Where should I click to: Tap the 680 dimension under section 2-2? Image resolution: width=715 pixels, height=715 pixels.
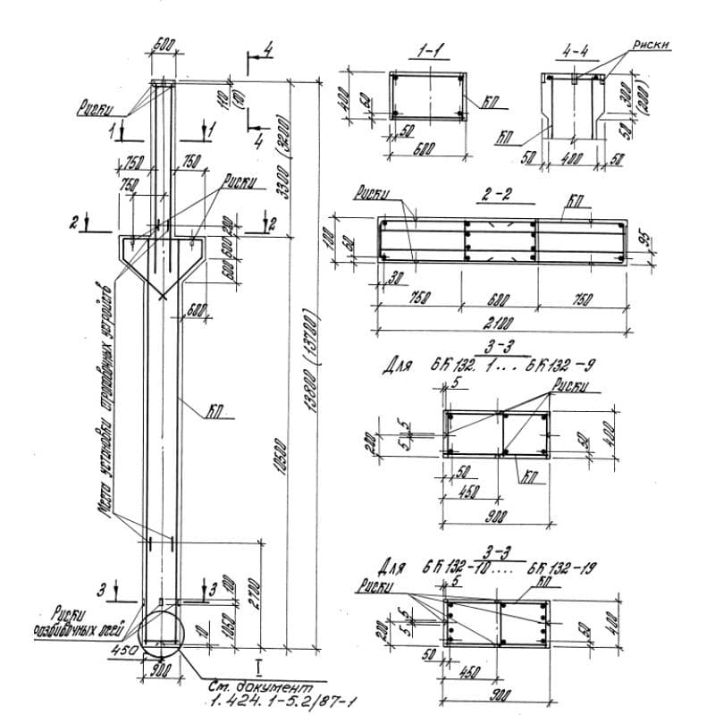click(x=500, y=299)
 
